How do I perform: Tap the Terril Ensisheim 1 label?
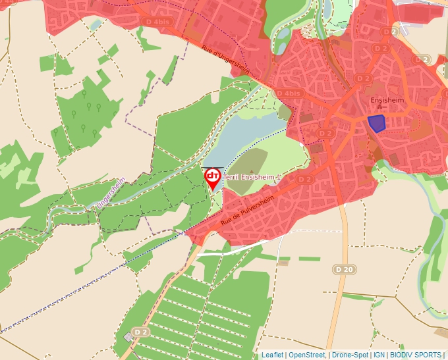click(x=252, y=178)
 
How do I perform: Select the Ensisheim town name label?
click(x=387, y=100)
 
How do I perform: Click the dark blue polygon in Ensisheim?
click(x=376, y=122)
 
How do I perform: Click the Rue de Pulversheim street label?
click(x=246, y=207)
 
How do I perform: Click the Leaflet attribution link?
click(x=272, y=355)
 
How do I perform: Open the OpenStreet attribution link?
click(x=306, y=355)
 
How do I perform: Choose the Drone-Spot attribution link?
click(x=350, y=355)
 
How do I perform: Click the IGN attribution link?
click(x=379, y=355)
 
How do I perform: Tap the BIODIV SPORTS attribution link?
click(x=416, y=355)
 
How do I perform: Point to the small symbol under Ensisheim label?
click(x=378, y=107)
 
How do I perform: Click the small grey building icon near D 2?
click(x=128, y=337)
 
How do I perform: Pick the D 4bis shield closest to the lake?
click(x=289, y=93)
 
